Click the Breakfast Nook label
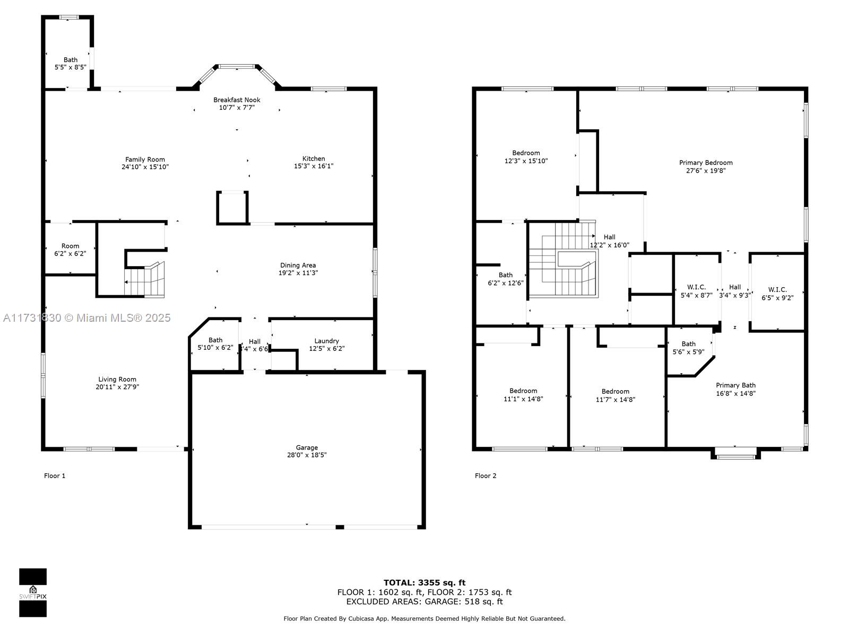tap(237, 100)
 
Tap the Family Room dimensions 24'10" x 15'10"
tap(145, 167)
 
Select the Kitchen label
tap(314, 158)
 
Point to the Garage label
tap(307, 447)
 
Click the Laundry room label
tap(326, 341)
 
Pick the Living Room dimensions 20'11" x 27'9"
tap(117, 387)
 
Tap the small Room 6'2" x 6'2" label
tap(70, 250)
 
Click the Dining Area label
tap(298, 266)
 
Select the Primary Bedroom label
tap(706, 163)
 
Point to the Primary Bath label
tap(735, 385)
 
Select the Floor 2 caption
tap(486, 476)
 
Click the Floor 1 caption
tap(55, 476)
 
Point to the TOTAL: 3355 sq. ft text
tap(424, 582)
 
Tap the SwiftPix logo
tap(33, 593)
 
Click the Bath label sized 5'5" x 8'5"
tap(71, 64)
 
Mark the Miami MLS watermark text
tap(86, 318)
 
